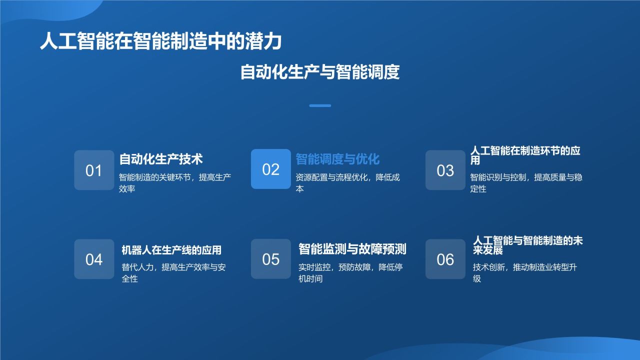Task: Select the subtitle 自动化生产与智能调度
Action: (320, 72)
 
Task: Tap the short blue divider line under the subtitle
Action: (320, 105)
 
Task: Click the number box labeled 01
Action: (94, 170)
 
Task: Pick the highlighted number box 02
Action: (270, 169)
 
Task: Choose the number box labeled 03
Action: (445, 170)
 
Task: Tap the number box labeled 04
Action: (94, 259)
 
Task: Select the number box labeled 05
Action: (270, 259)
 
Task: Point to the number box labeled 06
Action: (445, 259)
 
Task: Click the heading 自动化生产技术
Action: (160, 159)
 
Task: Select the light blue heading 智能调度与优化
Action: (337, 159)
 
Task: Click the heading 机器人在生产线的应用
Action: (171, 249)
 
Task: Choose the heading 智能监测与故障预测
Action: (352, 248)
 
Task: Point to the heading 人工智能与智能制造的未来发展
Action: (527, 245)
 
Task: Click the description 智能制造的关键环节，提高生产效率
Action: (174, 183)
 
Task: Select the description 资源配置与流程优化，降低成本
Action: (347, 183)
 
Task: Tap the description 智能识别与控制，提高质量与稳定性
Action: (525, 183)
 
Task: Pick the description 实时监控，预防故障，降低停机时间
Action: (350, 273)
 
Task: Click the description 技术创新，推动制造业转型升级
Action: (524, 273)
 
